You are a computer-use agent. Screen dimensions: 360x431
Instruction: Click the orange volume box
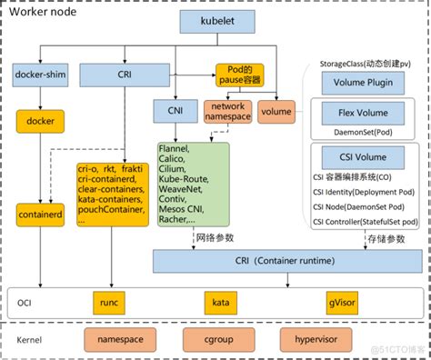coord(276,113)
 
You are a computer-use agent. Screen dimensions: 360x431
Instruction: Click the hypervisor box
coord(328,339)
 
